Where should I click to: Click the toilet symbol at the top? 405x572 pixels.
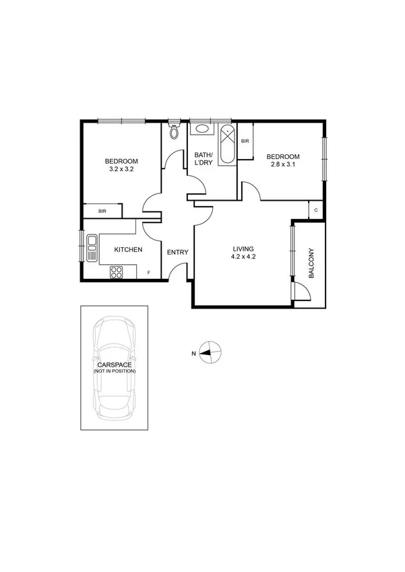175,130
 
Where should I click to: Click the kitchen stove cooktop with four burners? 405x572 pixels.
116,272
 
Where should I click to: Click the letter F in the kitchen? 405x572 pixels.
149,273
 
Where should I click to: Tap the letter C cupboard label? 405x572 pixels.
315,210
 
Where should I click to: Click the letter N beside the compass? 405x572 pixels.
193,352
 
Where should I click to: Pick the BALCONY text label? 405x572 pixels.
311,264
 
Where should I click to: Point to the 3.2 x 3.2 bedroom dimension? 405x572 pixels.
121,169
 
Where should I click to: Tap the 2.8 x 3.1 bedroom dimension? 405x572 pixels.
284,164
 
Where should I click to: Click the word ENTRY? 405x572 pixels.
178,253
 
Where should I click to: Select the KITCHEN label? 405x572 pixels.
128,250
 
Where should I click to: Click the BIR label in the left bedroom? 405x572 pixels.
102,212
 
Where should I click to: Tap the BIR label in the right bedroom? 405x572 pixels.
245,141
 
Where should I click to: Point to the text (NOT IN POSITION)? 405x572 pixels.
115,371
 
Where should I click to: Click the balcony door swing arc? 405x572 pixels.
301,291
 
